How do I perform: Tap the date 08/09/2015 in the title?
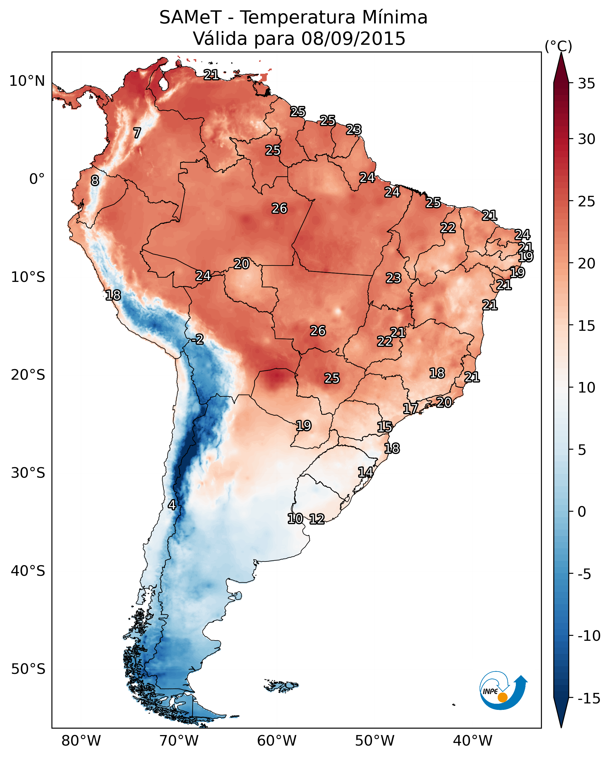[x=353, y=38]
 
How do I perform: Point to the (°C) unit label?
[x=558, y=46]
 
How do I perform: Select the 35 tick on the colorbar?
[x=586, y=84]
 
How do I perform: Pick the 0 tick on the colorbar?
[x=582, y=511]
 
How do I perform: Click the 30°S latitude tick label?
[x=28, y=473]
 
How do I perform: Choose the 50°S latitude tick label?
[x=28, y=669]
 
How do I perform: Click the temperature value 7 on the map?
[x=137, y=133]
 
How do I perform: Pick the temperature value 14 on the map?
[x=366, y=472]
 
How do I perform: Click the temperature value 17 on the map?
[x=410, y=408]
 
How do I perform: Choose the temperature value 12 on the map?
[x=317, y=519]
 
